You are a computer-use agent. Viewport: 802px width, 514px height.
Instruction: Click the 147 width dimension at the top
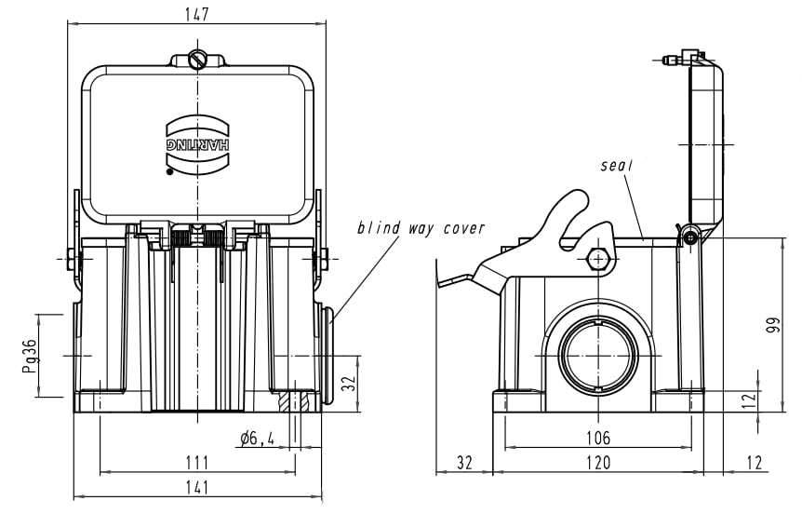[x=197, y=14]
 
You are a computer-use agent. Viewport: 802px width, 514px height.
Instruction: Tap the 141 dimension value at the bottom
[x=197, y=486]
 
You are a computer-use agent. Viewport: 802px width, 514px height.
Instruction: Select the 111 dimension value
[x=197, y=463]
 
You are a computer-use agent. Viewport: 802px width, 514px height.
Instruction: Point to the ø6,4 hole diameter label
[x=256, y=438]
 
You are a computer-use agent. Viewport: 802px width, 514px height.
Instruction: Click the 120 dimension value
[x=598, y=463]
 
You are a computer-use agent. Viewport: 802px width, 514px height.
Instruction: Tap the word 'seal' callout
[x=616, y=166]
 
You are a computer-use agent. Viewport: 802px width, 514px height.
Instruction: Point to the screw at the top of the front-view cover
[x=197, y=60]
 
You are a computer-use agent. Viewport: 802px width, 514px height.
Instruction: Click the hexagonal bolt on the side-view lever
[x=598, y=258]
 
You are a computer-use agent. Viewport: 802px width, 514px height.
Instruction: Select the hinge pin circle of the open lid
[x=689, y=238]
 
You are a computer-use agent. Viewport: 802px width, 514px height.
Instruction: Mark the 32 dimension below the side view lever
[x=464, y=463]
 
